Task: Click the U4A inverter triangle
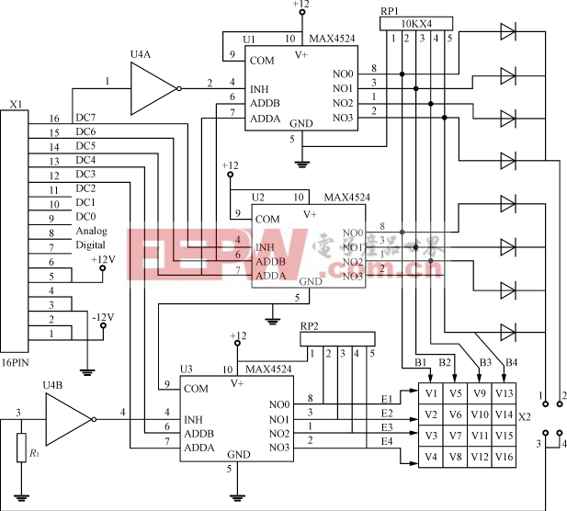pyautogui.click(x=153, y=90)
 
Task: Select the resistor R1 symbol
pyautogui.click(x=20, y=452)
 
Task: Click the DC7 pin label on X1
pyautogui.click(x=85, y=119)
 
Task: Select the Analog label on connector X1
pyautogui.click(x=93, y=231)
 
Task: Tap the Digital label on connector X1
pyautogui.click(x=93, y=245)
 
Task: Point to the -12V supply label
pyautogui.click(x=102, y=317)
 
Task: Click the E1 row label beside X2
pyautogui.click(x=387, y=398)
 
